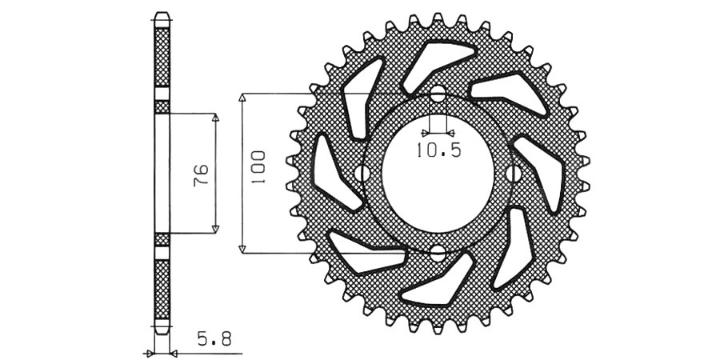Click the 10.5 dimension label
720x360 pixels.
click(x=438, y=150)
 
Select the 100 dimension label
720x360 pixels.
click(x=258, y=168)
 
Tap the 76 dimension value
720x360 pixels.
click(x=201, y=174)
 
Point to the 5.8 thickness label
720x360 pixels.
click(x=214, y=340)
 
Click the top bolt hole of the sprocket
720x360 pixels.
click(x=438, y=94)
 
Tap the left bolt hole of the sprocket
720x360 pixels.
click(x=362, y=174)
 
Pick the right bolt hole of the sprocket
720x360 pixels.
click(x=514, y=174)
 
